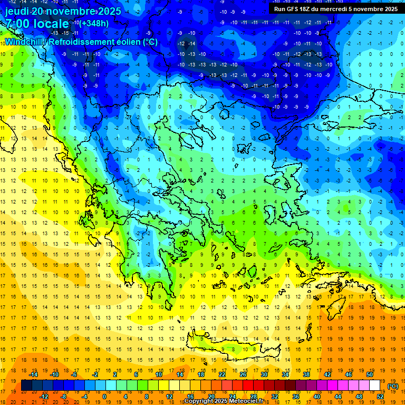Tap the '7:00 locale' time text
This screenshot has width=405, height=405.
(36, 24)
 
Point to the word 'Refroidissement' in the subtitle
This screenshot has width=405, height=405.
(84, 42)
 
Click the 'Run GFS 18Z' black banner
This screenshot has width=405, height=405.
(335, 8)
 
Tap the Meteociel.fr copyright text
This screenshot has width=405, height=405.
(224, 401)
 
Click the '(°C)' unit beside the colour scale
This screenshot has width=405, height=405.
(393, 386)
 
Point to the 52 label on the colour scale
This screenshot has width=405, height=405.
(380, 396)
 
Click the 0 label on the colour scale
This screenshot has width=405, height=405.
(104, 396)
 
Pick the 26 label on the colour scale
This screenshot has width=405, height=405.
(243, 374)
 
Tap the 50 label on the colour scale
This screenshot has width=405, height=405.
(369, 374)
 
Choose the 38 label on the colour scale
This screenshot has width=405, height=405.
(306, 374)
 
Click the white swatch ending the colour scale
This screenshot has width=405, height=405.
(374, 385)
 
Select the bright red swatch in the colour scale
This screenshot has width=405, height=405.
(248, 385)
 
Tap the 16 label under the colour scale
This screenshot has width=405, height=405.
(190, 396)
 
